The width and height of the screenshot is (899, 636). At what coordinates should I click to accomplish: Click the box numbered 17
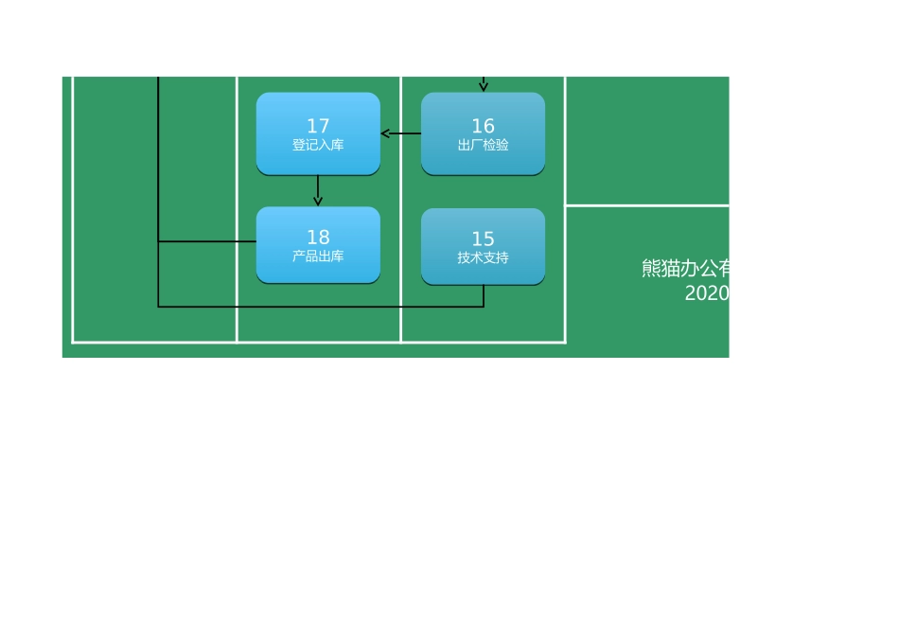[318, 133]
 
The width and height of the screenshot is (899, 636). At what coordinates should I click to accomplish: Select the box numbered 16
[484, 133]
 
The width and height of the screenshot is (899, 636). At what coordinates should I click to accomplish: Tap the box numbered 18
[318, 245]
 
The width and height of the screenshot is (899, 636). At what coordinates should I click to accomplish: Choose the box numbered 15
[484, 247]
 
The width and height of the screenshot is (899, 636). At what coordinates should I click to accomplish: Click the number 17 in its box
[318, 126]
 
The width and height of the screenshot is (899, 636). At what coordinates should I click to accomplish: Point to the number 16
[484, 126]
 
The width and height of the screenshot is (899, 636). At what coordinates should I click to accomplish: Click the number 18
[318, 237]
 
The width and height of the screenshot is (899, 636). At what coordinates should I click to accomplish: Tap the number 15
[484, 238]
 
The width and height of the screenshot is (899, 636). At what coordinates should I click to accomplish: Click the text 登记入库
[318, 145]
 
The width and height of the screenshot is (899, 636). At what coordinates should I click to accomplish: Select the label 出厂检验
[484, 145]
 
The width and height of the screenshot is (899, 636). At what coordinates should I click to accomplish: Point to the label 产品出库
[318, 256]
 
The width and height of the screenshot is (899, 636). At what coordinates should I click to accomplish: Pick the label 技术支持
[484, 258]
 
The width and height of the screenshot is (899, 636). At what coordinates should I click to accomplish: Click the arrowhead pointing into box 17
[385, 133]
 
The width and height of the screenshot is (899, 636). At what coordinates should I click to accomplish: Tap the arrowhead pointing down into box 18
[318, 202]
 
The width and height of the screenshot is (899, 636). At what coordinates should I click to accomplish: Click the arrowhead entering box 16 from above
[484, 87]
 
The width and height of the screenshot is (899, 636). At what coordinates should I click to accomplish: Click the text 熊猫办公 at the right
[679, 269]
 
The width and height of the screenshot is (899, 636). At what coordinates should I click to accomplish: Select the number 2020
[707, 293]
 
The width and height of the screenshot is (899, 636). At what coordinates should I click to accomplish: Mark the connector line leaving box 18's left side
[207, 241]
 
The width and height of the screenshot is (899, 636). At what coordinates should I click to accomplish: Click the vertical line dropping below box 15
[484, 296]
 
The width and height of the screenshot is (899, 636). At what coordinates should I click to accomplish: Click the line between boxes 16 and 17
[401, 133]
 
